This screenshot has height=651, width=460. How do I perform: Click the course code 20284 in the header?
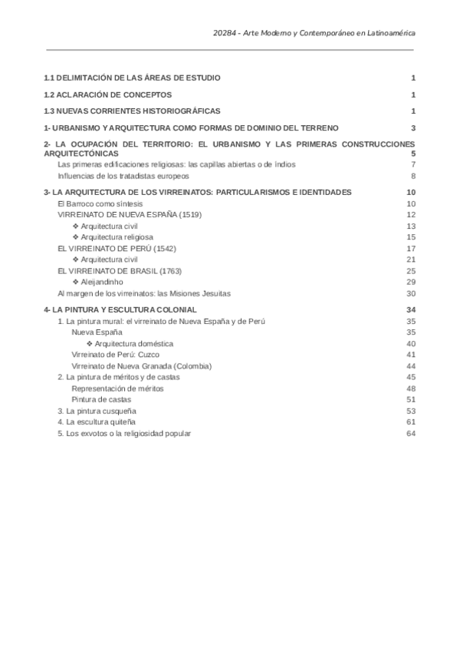[x=225, y=33]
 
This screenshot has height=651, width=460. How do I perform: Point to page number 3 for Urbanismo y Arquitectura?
[x=412, y=127]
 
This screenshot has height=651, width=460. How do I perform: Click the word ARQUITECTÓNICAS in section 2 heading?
[x=81, y=154]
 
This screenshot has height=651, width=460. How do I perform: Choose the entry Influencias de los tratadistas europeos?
[x=123, y=175]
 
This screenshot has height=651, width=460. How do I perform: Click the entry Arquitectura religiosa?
[x=113, y=237]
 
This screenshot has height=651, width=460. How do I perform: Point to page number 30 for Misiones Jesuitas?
[x=411, y=292]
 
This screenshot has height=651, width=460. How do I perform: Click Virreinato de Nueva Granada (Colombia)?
[x=142, y=366]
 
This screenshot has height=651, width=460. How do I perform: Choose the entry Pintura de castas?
[x=101, y=399]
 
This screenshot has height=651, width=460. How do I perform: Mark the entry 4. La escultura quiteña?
[x=97, y=422]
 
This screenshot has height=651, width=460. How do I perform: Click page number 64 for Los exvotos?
[x=411, y=433]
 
